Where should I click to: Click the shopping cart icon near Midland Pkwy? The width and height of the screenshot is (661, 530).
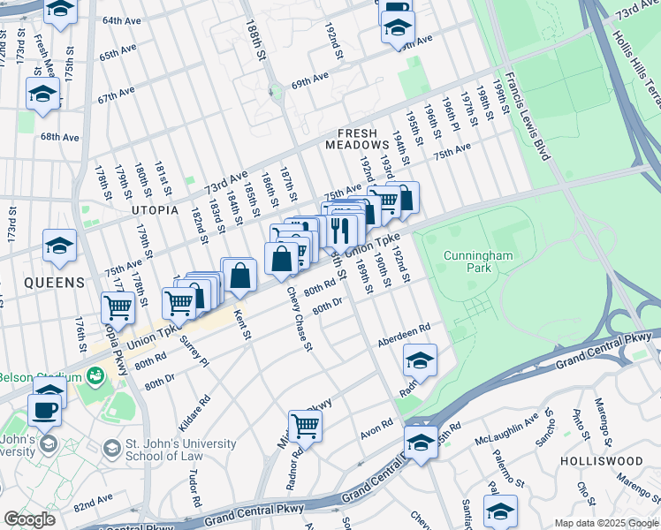click(305, 426)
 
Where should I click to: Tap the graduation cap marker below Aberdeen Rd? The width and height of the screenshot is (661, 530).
click(420, 360)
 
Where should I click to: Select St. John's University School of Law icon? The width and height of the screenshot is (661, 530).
click(111, 449)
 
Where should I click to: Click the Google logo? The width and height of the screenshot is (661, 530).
click(29, 519)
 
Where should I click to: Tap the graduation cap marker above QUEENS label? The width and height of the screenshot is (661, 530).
click(59, 246)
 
